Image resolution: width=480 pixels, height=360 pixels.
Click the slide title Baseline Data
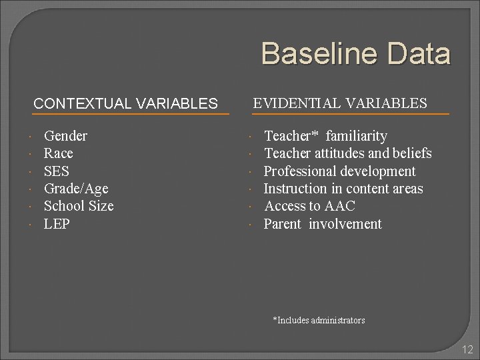[355, 53]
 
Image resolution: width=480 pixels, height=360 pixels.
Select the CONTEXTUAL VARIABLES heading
[125, 104]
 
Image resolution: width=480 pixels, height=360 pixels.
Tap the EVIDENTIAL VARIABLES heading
[340, 103]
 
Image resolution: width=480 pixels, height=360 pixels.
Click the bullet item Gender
[65, 136]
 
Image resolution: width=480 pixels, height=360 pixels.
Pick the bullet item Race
[58, 153]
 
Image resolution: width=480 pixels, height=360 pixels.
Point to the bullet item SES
[56, 171]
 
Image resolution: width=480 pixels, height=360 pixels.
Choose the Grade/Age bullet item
[75, 189]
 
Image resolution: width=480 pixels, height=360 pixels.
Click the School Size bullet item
[79, 206]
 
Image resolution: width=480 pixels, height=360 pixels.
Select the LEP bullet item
[57, 224]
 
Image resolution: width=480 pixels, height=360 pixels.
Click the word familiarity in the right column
[356, 136]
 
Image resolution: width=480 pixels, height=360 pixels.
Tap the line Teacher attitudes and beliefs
[347, 153]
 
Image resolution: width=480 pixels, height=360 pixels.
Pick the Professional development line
[339, 171]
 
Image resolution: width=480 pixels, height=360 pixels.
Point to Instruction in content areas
[343, 189]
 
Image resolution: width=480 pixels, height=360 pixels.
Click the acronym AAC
[339, 206]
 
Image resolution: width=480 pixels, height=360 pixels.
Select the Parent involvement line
[323, 224]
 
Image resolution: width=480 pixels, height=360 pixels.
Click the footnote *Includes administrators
[319, 321]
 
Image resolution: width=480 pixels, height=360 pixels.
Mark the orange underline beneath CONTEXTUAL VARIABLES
[130, 115]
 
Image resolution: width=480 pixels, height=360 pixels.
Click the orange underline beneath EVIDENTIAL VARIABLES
[350, 115]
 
